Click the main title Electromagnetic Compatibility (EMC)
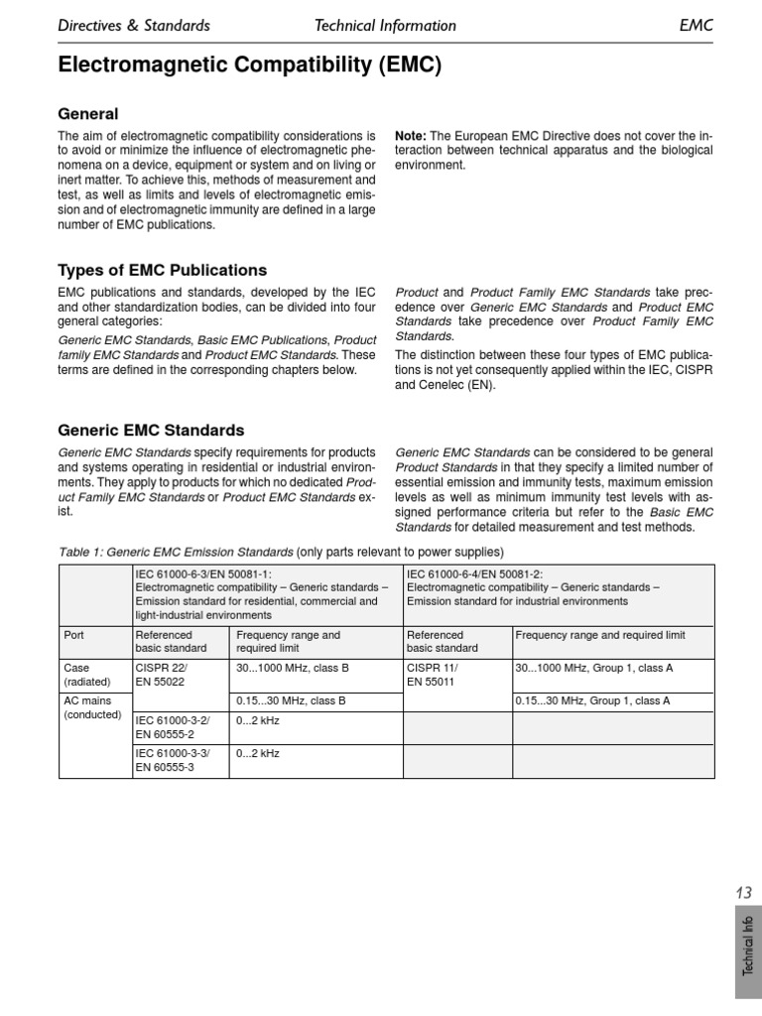tap(250, 66)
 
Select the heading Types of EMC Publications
tap(163, 270)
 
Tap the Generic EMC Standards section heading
tap(151, 431)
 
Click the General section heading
tap(88, 114)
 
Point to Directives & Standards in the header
tap(134, 26)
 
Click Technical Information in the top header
tap(385, 26)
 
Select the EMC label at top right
tap(696, 26)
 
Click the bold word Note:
tap(410, 136)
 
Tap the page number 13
tap(744, 893)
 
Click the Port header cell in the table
tap(74, 635)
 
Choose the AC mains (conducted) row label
tap(92, 706)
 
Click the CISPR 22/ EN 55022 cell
tap(161, 675)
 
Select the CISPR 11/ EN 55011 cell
tap(433, 675)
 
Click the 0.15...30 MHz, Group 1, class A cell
tap(592, 700)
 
